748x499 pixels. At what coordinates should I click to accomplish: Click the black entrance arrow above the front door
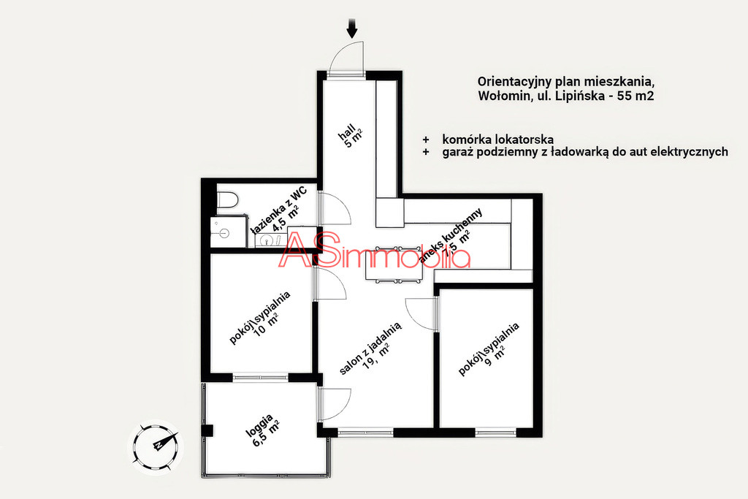tap(352, 28)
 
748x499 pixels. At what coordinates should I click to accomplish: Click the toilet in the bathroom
tap(228, 202)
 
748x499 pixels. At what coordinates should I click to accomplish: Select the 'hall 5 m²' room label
tap(351, 135)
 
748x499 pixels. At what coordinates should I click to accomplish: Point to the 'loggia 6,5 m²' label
tap(262, 430)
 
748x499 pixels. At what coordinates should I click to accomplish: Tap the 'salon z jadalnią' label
tap(370, 348)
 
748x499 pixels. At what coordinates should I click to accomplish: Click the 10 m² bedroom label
tap(261, 318)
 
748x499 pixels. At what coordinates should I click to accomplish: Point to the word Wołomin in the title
tap(501, 96)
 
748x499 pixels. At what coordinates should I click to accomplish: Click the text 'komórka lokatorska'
tap(497, 140)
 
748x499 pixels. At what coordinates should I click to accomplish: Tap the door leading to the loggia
tap(336, 403)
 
